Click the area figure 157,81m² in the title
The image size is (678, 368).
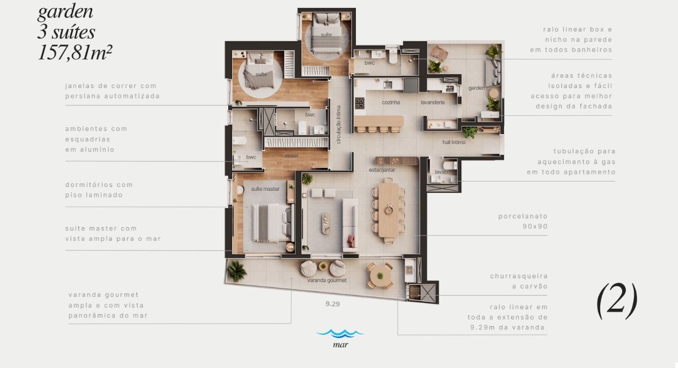pyautogui.click(x=75, y=53)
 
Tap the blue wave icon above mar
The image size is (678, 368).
pyautogui.click(x=340, y=333)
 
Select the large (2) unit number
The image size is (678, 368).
pyautogui.click(x=617, y=301)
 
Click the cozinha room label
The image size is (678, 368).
pyautogui.click(x=391, y=102)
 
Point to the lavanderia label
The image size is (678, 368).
pyautogui.click(x=432, y=102)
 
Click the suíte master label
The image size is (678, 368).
pyautogui.click(x=265, y=189)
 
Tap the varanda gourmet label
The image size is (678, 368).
pyautogui.click(x=327, y=280)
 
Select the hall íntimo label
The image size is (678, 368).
pyautogui.click(x=454, y=142)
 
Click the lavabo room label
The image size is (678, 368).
pyautogui.click(x=443, y=172)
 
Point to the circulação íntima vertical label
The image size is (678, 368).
pyautogui.click(x=338, y=124)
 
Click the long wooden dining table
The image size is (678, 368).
pyautogui.click(x=388, y=210)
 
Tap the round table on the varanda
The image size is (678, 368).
pyautogui.click(x=380, y=276)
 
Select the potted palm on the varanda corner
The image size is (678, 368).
pyautogui.click(x=237, y=271)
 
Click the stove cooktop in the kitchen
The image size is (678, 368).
pyautogui.click(x=360, y=103)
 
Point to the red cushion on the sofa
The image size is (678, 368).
pyautogui.click(x=351, y=241)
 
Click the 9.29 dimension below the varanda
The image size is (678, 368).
pyautogui.click(x=332, y=304)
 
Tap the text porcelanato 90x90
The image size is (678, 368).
pyautogui.click(x=523, y=221)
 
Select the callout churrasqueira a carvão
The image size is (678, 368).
pyautogui.click(x=519, y=281)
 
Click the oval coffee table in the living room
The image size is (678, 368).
pyautogui.click(x=326, y=223)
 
